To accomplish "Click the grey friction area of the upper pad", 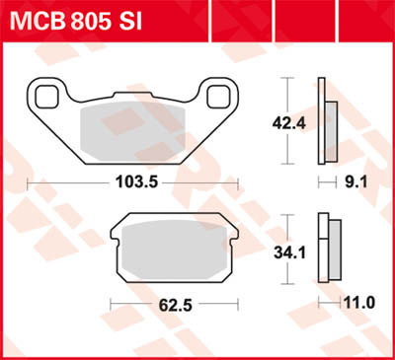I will [x=131, y=128].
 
